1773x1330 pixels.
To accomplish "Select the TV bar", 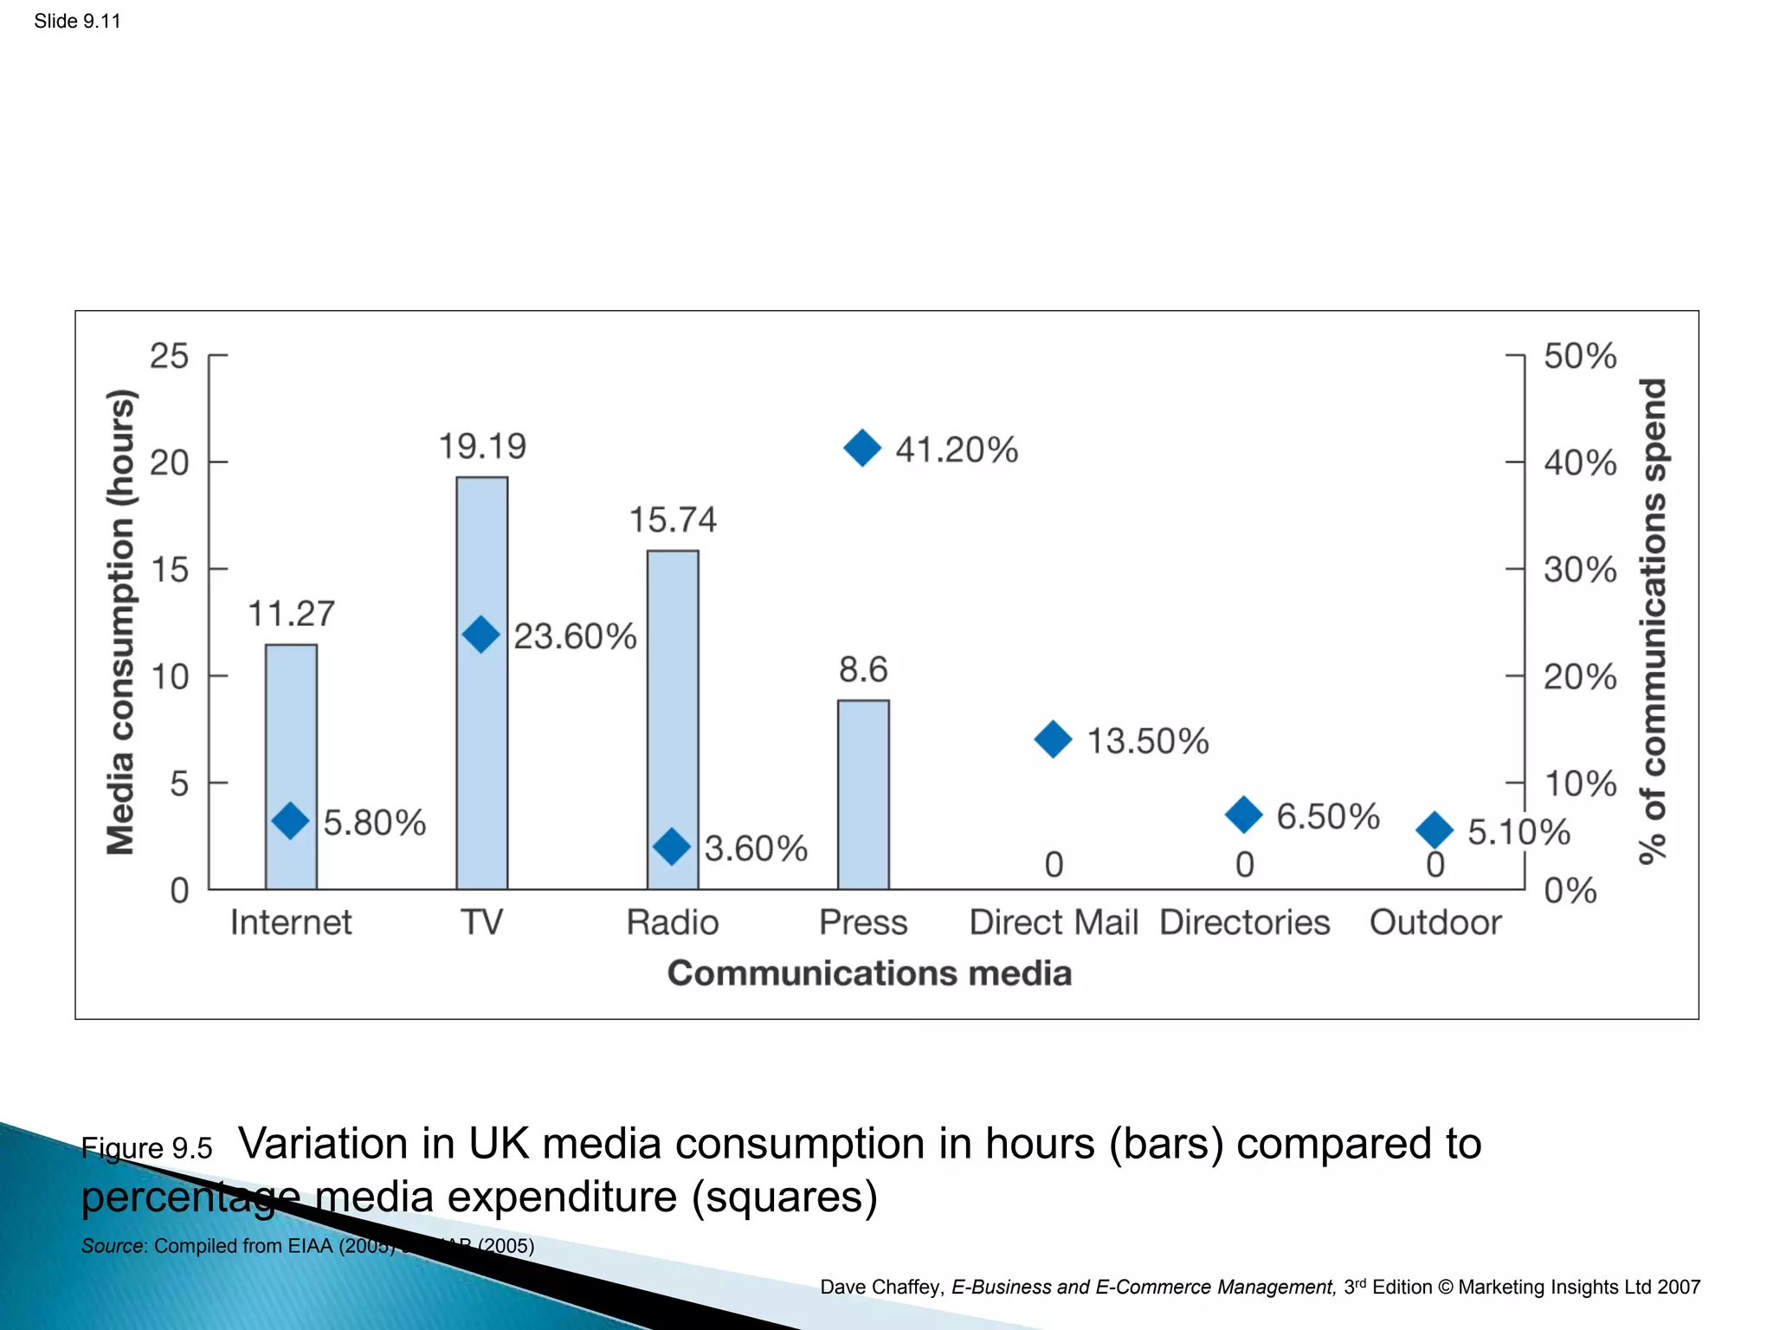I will (482, 762).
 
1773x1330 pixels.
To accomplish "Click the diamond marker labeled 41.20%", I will (862, 448).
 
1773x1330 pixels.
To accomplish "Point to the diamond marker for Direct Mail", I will (1053, 739).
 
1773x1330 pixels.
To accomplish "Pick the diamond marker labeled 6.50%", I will (1244, 815).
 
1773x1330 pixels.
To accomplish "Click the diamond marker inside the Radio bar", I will (672, 846).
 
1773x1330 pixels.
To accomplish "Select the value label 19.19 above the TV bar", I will (482, 447).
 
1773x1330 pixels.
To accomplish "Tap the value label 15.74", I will (673, 520).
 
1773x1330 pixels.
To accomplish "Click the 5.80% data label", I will (375, 823).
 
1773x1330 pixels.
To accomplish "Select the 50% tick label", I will (1580, 356).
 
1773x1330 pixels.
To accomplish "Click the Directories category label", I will (1244, 923).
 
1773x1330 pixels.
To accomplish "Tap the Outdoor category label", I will (1435, 923).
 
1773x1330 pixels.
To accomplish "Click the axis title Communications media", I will (869, 973).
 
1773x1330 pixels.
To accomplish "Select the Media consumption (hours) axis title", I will (120, 622).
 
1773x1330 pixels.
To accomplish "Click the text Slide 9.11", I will (77, 22).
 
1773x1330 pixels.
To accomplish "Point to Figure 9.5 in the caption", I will (146, 1148).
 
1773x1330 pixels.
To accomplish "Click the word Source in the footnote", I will (113, 1246).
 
